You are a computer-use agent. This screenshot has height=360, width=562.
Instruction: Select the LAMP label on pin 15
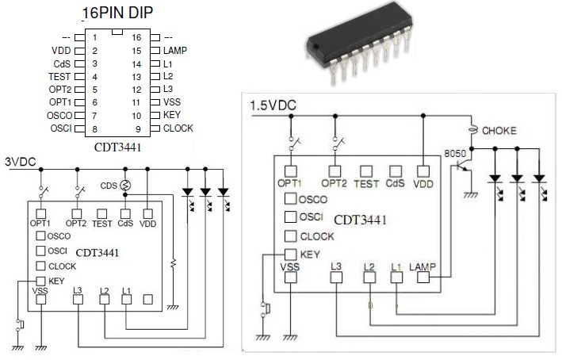[174, 50]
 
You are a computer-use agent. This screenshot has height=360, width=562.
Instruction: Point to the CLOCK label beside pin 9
[178, 128]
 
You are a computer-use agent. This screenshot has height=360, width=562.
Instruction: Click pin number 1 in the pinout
[94, 37]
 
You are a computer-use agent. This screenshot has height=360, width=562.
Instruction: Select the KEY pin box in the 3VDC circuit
[40, 281]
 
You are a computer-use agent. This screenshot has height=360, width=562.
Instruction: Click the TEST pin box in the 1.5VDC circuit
[365, 170]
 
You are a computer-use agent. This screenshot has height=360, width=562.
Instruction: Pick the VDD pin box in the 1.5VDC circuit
[424, 170]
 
